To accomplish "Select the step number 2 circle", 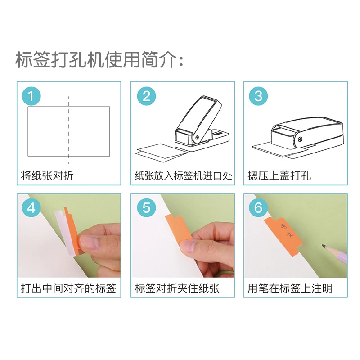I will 146,95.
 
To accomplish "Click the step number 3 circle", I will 258,95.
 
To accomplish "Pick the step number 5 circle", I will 146,208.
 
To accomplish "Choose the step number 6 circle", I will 258,208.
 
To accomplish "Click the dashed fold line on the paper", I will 69,130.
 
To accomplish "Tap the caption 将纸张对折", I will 47,175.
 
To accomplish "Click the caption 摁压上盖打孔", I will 279,175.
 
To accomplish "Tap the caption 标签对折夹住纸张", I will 177,288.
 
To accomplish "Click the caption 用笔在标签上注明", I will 290,288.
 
